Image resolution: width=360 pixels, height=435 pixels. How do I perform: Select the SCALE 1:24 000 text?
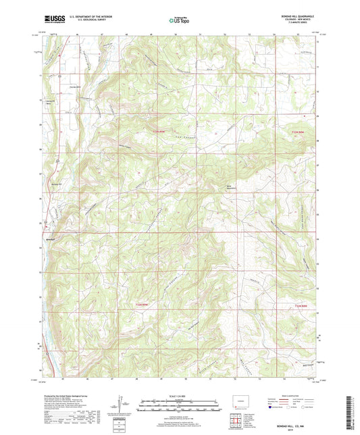pyautogui.click(x=180, y=395)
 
